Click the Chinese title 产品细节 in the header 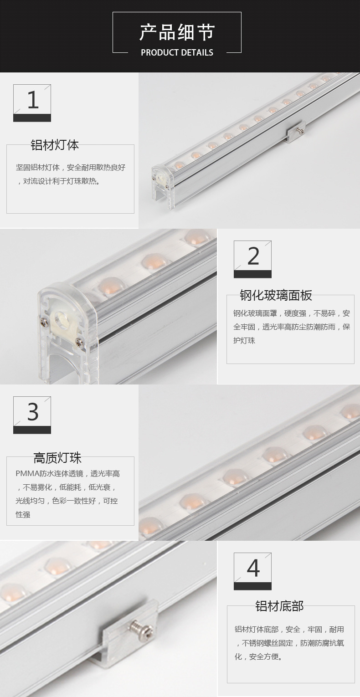(177, 32)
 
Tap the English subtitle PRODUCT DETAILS (177, 52)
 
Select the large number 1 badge (32, 102)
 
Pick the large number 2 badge (252, 259)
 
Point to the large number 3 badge (32, 415)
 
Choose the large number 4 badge (252, 571)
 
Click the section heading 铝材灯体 (55, 145)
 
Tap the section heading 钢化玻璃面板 (276, 295)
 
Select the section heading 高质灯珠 (57, 458)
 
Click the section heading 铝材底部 (279, 606)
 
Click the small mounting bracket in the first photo (296, 132)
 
